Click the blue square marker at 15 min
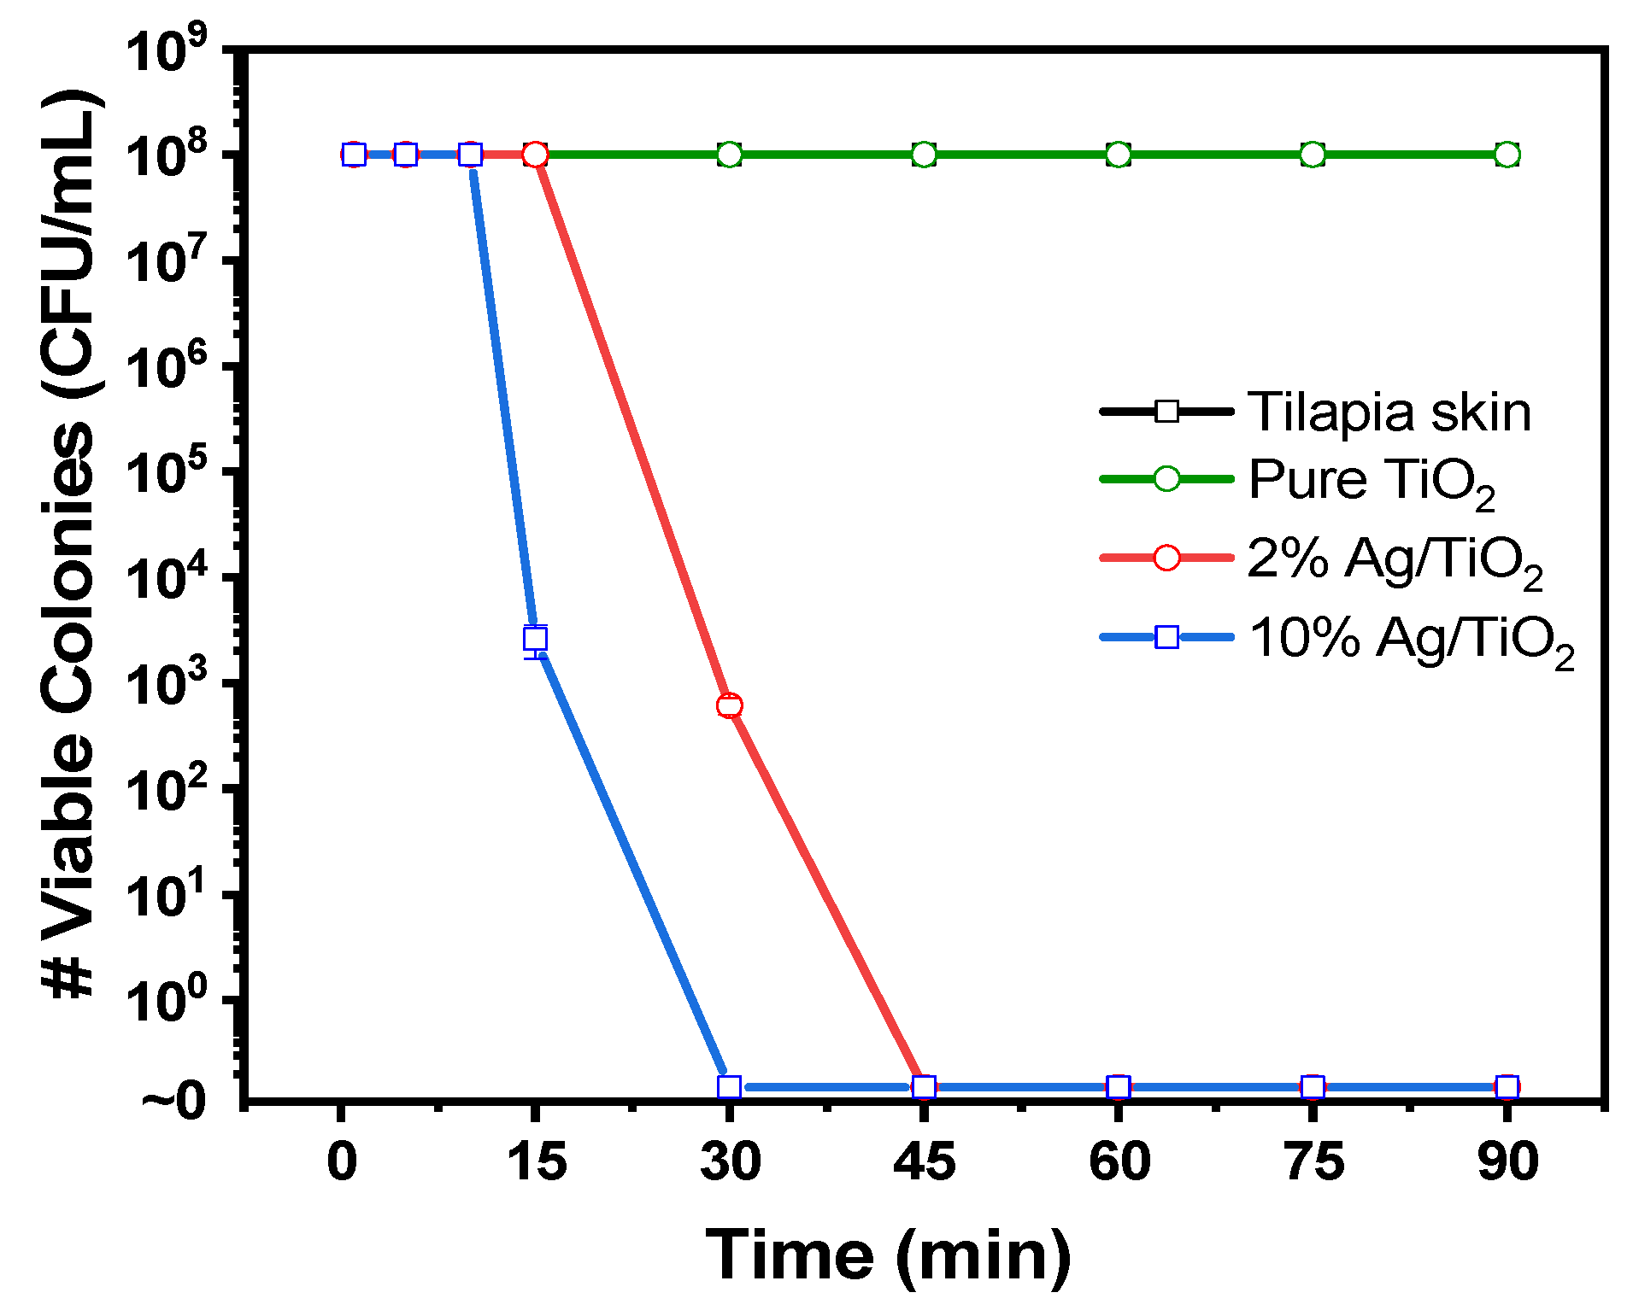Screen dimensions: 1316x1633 (x=535, y=638)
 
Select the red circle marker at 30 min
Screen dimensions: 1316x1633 (x=729, y=705)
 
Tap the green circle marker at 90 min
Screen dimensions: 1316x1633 (x=1507, y=155)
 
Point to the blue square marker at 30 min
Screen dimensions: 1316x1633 (x=729, y=1086)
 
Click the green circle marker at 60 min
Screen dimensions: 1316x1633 (x=1119, y=155)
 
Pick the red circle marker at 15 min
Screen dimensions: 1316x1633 (x=535, y=155)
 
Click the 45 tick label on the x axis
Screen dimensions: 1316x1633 (x=924, y=1161)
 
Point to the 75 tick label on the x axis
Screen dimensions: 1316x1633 (x=1313, y=1161)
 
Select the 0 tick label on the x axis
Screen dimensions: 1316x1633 (x=342, y=1161)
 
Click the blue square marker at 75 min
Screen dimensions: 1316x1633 (x=1313, y=1086)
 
